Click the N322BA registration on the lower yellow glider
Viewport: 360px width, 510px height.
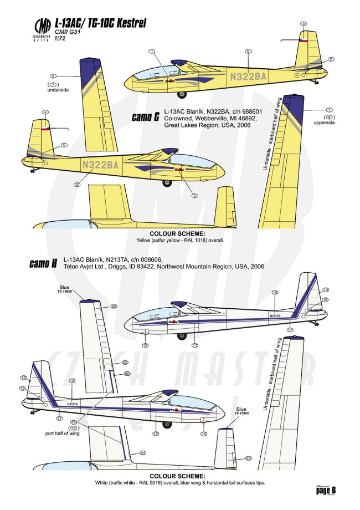[x=100, y=164]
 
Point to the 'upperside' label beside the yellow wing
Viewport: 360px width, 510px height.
[x=325, y=123]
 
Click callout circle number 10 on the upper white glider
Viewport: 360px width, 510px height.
[x=275, y=292]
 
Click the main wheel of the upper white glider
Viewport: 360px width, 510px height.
[x=182, y=336]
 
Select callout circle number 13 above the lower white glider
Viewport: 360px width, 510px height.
[x=72, y=381]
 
